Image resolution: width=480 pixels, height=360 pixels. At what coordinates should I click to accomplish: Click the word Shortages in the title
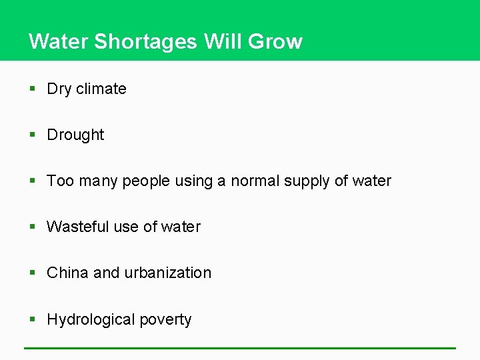pos(145,42)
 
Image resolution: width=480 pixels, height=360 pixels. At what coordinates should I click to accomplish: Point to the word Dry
pos(59,89)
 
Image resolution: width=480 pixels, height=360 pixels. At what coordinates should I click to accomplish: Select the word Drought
pos(75,135)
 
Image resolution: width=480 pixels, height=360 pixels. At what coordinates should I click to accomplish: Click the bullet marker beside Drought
pos(33,135)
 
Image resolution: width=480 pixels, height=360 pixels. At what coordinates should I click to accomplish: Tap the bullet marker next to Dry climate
pos(33,89)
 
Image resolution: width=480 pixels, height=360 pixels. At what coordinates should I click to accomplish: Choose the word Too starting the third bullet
pos(60,181)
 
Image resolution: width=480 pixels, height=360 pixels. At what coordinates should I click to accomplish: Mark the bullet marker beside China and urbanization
pos(33,273)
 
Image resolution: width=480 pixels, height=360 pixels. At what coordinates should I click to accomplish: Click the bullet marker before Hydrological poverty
pos(33,319)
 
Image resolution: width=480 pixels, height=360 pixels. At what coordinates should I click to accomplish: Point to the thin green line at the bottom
pos(240,348)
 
